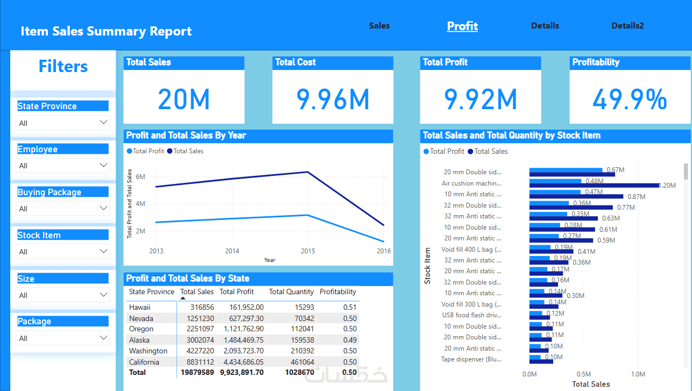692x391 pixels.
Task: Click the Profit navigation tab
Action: [x=462, y=26]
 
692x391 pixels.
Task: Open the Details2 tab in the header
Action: [x=627, y=26]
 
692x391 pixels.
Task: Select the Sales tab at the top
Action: [x=379, y=26]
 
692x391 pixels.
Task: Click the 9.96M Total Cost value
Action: [x=333, y=99]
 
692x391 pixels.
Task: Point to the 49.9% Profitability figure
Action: [x=630, y=99]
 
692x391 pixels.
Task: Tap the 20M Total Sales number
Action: [x=183, y=99]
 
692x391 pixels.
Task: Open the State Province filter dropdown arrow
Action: [x=104, y=123]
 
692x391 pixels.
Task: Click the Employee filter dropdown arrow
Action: [x=104, y=165]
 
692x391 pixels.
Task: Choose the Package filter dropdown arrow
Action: [x=104, y=338]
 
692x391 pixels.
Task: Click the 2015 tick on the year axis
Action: [x=308, y=251]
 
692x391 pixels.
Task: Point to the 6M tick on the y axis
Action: [x=140, y=177]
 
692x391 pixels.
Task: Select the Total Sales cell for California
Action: [x=197, y=362]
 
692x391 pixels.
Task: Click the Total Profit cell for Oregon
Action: [x=242, y=329]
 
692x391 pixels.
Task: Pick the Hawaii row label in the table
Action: [x=140, y=307]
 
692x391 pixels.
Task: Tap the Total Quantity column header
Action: [x=291, y=292]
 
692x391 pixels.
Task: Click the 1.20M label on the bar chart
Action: [x=667, y=186]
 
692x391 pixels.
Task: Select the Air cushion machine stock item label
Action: [x=471, y=183]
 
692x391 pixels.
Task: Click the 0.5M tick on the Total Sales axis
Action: [x=584, y=374]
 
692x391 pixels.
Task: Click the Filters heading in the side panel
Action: [x=63, y=67]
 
